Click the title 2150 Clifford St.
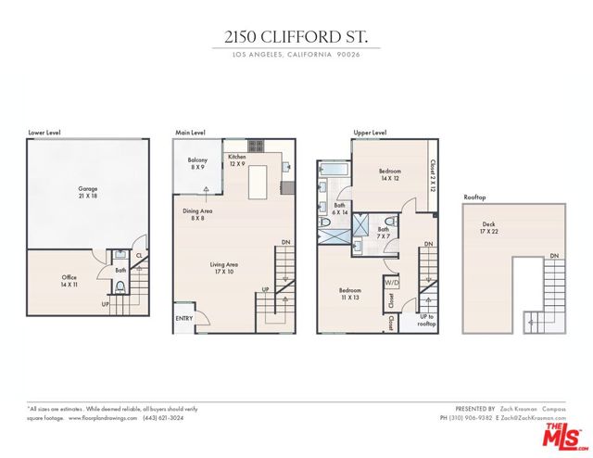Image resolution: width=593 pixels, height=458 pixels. pyautogui.click(x=296, y=38)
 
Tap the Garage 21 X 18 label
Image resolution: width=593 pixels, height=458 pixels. pyautogui.click(x=88, y=193)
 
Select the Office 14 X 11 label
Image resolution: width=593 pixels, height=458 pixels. pyautogui.click(x=69, y=281)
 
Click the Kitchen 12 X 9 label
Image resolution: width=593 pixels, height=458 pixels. pyautogui.click(x=236, y=160)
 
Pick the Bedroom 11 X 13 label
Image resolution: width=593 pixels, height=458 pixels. pyautogui.click(x=350, y=294)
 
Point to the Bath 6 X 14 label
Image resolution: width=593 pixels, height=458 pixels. pyautogui.click(x=340, y=209)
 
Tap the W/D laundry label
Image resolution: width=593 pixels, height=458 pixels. pyautogui.click(x=392, y=283)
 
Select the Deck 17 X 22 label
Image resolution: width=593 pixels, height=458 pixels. pyautogui.click(x=487, y=227)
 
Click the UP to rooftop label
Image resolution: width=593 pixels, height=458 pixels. pyautogui.click(x=427, y=320)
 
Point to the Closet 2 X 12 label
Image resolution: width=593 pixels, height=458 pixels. pyautogui.click(x=433, y=173)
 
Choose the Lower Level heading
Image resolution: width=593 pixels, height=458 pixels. pyautogui.click(x=44, y=133)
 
